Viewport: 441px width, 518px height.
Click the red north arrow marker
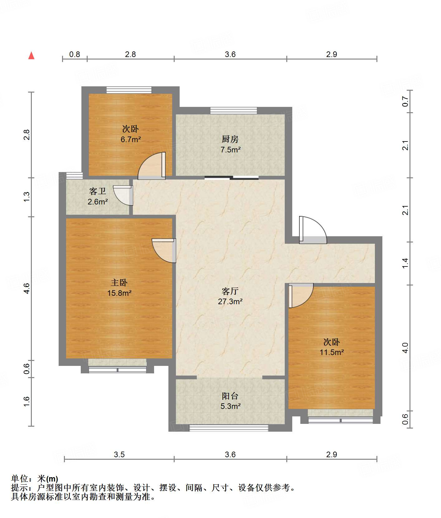point(31,55)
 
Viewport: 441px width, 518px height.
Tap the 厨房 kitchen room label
point(230,139)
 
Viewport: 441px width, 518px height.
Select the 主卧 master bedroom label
point(119,283)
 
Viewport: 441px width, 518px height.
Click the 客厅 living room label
point(230,291)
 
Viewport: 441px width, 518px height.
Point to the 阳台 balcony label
point(230,396)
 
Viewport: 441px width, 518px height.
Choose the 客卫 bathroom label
point(98,191)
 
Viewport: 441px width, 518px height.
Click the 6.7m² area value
point(131,139)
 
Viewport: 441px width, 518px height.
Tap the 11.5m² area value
point(332,352)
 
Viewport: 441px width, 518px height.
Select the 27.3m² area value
point(230,301)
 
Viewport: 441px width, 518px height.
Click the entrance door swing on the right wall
point(313,230)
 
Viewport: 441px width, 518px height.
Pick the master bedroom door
point(164,251)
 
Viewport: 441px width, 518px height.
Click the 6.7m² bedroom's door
point(152,166)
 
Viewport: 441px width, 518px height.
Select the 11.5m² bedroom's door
point(301,295)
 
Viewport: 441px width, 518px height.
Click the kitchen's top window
point(234,111)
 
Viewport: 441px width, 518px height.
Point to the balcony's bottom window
point(229,428)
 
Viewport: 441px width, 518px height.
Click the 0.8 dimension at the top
point(75,55)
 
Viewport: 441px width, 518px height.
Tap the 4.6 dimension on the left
point(27,288)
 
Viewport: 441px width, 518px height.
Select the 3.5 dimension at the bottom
point(119,454)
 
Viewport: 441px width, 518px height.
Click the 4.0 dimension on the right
point(405,348)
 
